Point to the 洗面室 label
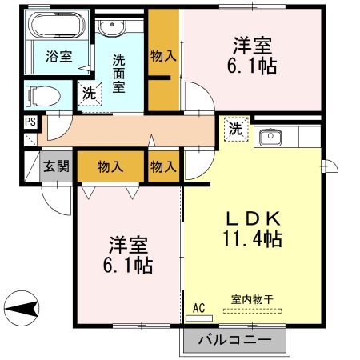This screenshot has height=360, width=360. coord(118,73)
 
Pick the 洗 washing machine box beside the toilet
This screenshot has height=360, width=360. coord(88,93)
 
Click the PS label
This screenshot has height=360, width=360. coord(30,122)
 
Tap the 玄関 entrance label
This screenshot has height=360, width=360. coord(56,167)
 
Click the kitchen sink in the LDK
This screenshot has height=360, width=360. coord(270,138)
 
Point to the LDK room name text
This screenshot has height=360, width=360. coord(251,218)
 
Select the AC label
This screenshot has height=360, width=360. coord(198,305)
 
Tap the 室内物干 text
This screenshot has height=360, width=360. coord(252,300)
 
